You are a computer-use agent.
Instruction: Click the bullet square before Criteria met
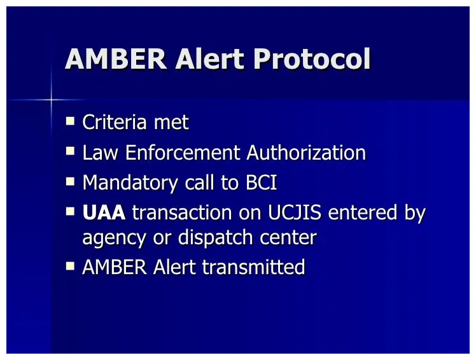71,120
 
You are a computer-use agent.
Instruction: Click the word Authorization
306,153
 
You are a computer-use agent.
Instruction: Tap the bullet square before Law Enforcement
71,151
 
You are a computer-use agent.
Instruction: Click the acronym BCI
262,183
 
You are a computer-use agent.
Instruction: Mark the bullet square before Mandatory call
71,181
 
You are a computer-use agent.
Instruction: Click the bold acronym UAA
104,213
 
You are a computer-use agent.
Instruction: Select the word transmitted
253,267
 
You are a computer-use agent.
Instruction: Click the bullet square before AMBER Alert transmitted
71,266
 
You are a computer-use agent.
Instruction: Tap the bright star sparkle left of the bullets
52,99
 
